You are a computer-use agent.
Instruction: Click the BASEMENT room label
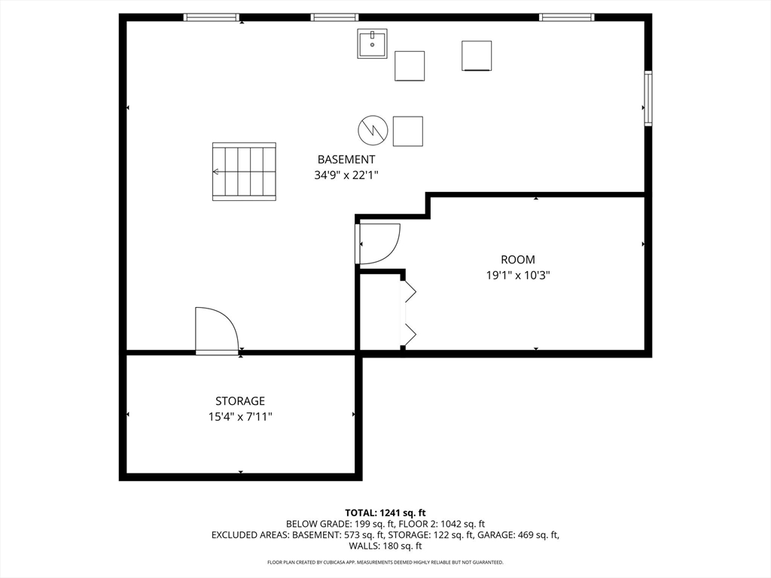coord(346,160)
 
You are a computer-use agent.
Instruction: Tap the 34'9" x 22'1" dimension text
coord(346,175)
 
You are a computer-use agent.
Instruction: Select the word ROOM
coord(518,260)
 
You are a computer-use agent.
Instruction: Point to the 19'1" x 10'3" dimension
coord(518,275)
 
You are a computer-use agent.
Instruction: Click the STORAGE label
coord(240,401)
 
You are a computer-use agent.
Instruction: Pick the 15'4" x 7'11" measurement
coord(240,416)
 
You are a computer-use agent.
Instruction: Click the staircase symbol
coord(244,172)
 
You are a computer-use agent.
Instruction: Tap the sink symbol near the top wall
coord(372,44)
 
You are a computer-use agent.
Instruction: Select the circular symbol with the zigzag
coord(373,130)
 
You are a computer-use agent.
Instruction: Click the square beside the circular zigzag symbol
coord(407,131)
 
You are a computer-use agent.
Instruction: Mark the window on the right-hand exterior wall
coord(648,98)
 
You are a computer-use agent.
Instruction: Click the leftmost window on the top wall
coord(212,17)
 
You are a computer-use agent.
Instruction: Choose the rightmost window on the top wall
coord(566,17)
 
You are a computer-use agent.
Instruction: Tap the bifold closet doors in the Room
coord(409,312)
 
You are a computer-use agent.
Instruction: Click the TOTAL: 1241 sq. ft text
coord(385,513)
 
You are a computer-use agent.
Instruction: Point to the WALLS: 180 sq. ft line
coord(385,546)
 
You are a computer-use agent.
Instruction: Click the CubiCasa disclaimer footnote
coord(385,562)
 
